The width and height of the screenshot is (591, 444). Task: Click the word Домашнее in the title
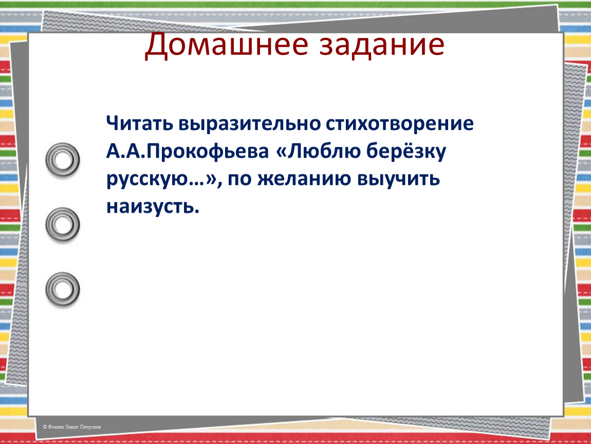point(227,45)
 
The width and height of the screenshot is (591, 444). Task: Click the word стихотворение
point(399,123)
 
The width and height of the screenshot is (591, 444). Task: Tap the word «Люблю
point(318,151)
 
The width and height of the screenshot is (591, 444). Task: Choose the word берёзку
point(407,151)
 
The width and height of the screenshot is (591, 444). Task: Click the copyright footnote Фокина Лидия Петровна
point(74,427)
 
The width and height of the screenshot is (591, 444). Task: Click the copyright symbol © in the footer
point(45,427)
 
